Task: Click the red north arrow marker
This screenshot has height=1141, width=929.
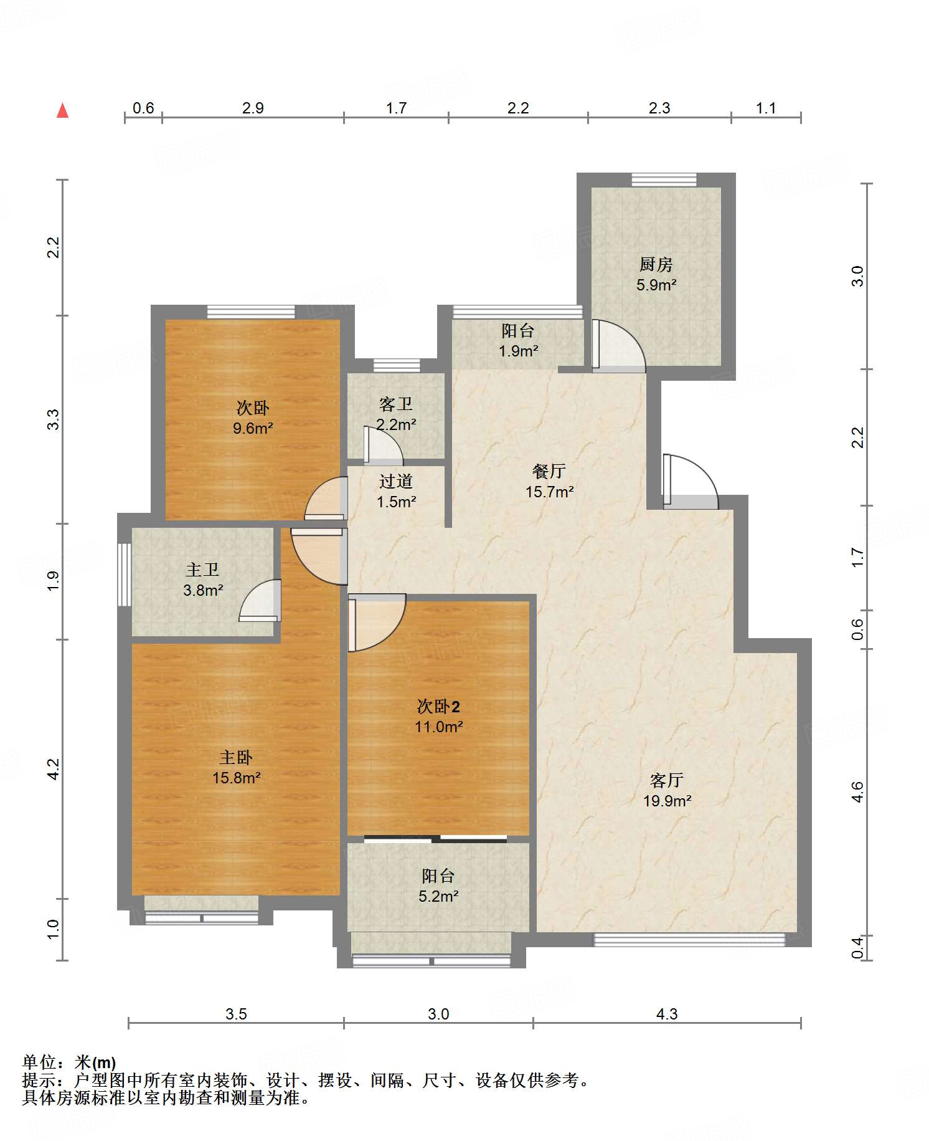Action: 62,110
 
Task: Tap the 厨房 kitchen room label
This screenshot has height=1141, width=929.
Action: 656,264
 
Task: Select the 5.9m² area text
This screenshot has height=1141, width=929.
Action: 656,285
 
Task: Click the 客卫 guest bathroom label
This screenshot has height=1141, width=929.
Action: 396,404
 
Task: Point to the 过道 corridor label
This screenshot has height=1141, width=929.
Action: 396,481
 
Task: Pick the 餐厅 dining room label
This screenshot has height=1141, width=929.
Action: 549,471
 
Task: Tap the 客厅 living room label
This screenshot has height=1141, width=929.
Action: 667,780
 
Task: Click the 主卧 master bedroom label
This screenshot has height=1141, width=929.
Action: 236,757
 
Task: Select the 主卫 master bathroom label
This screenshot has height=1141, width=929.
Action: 203,569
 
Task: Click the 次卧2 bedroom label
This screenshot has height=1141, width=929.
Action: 438,706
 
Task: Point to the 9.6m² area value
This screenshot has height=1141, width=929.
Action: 253,428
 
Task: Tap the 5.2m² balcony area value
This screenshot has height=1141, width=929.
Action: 438,896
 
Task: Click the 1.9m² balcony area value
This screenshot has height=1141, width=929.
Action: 518,351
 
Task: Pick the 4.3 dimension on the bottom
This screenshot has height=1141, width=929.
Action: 667,1014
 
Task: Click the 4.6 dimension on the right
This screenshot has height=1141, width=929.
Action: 857,792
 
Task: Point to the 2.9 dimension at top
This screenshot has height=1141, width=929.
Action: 253,108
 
